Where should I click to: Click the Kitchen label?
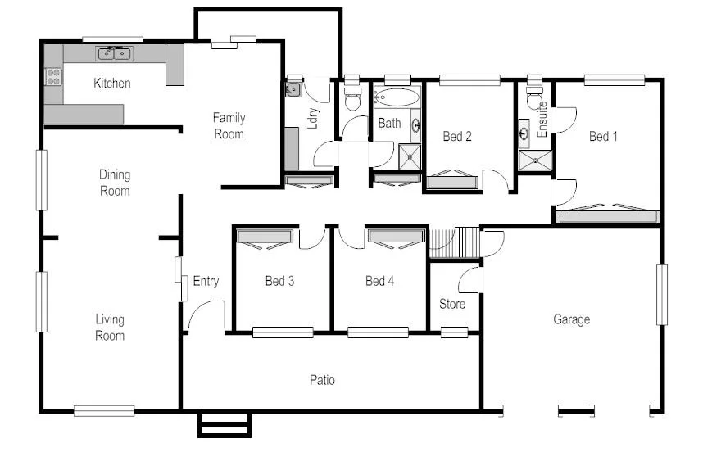tap(111, 83)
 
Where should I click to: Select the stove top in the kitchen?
tap(53, 77)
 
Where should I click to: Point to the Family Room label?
tap(229, 125)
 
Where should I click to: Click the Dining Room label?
tap(115, 183)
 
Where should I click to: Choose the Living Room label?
tap(110, 328)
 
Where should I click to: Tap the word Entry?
tap(206, 282)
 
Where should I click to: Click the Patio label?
tap(322, 380)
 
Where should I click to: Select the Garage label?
tap(571, 319)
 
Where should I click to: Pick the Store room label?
tap(452, 304)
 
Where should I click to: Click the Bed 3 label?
tap(279, 282)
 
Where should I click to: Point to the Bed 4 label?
tap(379, 282)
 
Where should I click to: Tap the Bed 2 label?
tap(457, 137)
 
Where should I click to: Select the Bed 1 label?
tap(604, 137)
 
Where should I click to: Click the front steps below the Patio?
tap(224, 425)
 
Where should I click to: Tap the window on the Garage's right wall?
tap(661, 294)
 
